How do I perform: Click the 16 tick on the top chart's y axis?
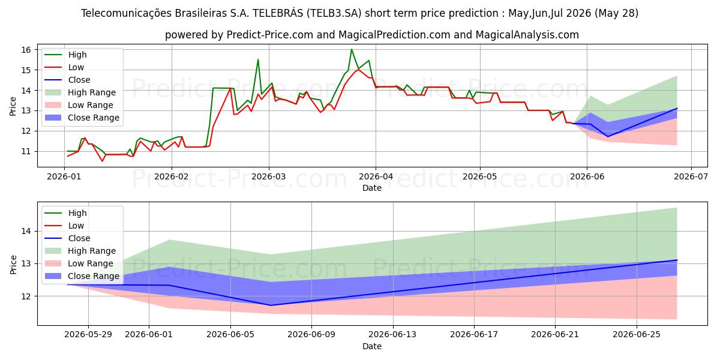coord(26,50)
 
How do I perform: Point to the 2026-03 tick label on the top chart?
coord(269,176)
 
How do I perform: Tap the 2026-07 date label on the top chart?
coord(691,176)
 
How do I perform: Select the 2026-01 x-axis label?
coord(64,176)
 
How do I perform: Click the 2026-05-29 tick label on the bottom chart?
coord(88,335)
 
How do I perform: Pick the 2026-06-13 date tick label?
coord(392,335)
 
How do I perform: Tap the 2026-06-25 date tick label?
coord(637,335)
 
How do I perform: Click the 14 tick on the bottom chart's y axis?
coord(26,232)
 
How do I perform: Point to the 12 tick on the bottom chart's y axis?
coord(26,296)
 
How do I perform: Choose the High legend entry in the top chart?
coord(77,55)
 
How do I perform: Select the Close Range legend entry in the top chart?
coord(93,118)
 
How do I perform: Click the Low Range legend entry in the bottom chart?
coord(91,263)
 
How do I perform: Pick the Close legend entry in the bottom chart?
coord(79,238)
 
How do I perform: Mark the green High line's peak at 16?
coord(352,49)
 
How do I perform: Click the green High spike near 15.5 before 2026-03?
coord(258,59)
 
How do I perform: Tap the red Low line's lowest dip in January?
coord(103,161)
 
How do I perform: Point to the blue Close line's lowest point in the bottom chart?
coord(271,305)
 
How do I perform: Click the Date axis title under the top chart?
coord(372,188)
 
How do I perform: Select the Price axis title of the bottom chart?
coord(13,265)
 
